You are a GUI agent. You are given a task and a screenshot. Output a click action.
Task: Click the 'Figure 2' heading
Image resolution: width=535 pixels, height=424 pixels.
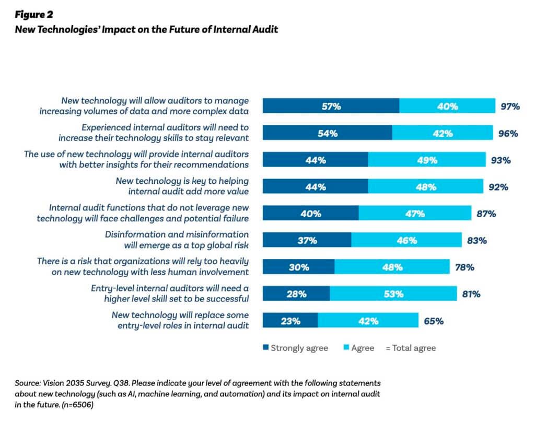[x=34, y=15]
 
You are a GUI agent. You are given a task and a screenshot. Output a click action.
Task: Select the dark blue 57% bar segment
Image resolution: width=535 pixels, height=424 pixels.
[x=330, y=106]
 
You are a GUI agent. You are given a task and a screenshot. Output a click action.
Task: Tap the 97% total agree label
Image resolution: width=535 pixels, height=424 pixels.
[x=509, y=106]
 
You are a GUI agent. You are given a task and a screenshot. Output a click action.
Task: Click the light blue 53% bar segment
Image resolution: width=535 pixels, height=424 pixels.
[x=393, y=294]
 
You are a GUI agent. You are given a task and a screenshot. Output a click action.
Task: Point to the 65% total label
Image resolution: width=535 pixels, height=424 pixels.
[x=433, y=321]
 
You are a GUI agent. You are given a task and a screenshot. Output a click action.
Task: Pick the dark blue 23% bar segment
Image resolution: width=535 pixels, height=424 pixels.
[x=290, y=321]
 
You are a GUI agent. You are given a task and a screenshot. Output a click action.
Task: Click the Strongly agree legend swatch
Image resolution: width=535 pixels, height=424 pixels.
[x=265, y=348]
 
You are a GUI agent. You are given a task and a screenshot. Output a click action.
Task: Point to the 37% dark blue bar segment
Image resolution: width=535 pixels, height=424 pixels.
[x=307, y=240]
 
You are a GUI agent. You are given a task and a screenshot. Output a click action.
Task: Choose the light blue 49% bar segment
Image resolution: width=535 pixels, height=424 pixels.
[x=426, y=160]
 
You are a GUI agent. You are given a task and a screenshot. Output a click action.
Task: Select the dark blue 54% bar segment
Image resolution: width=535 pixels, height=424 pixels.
[x=327, y=133]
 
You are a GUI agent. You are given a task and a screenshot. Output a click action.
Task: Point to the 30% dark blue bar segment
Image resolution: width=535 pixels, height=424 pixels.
[x=298, y=267]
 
